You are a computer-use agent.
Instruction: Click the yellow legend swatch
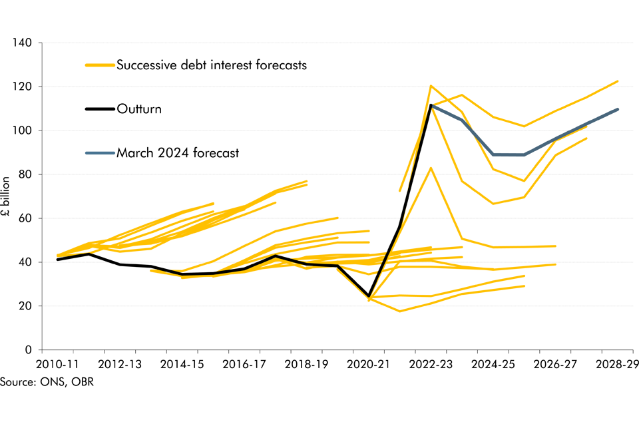pos(100,65)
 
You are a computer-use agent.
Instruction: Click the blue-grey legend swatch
pos(100,153)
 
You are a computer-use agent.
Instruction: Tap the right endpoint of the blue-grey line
pos(618,109)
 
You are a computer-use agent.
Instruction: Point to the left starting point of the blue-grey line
pos(433,105)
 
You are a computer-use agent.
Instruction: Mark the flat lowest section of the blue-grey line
pos(509,154)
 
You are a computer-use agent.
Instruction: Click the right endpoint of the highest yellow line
pos(618,81)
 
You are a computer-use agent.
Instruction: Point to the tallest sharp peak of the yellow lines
pos(431,86)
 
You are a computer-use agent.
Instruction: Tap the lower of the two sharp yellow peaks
pos(431,168)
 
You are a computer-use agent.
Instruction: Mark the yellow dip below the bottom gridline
pos(400,311)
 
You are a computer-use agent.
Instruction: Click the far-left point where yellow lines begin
pos(58,256)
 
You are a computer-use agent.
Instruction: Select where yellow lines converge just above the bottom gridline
pos(369,299)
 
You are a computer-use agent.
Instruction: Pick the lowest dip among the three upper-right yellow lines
pos(493,204)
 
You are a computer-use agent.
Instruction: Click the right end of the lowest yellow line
pos(525,286)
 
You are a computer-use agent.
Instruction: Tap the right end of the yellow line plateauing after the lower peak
pos(555,246)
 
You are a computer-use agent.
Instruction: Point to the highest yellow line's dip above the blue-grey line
pos(524,126)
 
